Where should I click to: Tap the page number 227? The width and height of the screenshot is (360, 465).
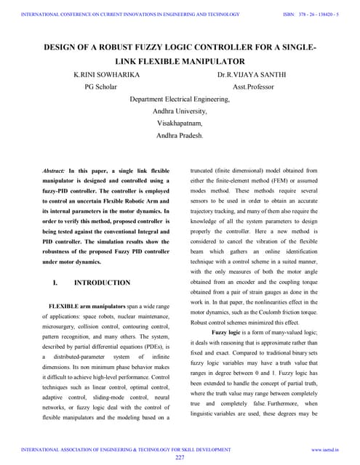(180, 458)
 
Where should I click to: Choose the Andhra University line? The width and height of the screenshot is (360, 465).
(180, 111)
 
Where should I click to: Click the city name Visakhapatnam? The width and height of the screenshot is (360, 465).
(180, 124)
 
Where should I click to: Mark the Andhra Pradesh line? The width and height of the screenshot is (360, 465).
(180, 136)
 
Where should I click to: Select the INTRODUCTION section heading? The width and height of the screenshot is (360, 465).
(103, 283)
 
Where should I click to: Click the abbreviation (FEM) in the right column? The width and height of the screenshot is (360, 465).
(291, 180)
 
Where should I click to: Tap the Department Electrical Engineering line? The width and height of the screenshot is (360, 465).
(180, 99)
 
